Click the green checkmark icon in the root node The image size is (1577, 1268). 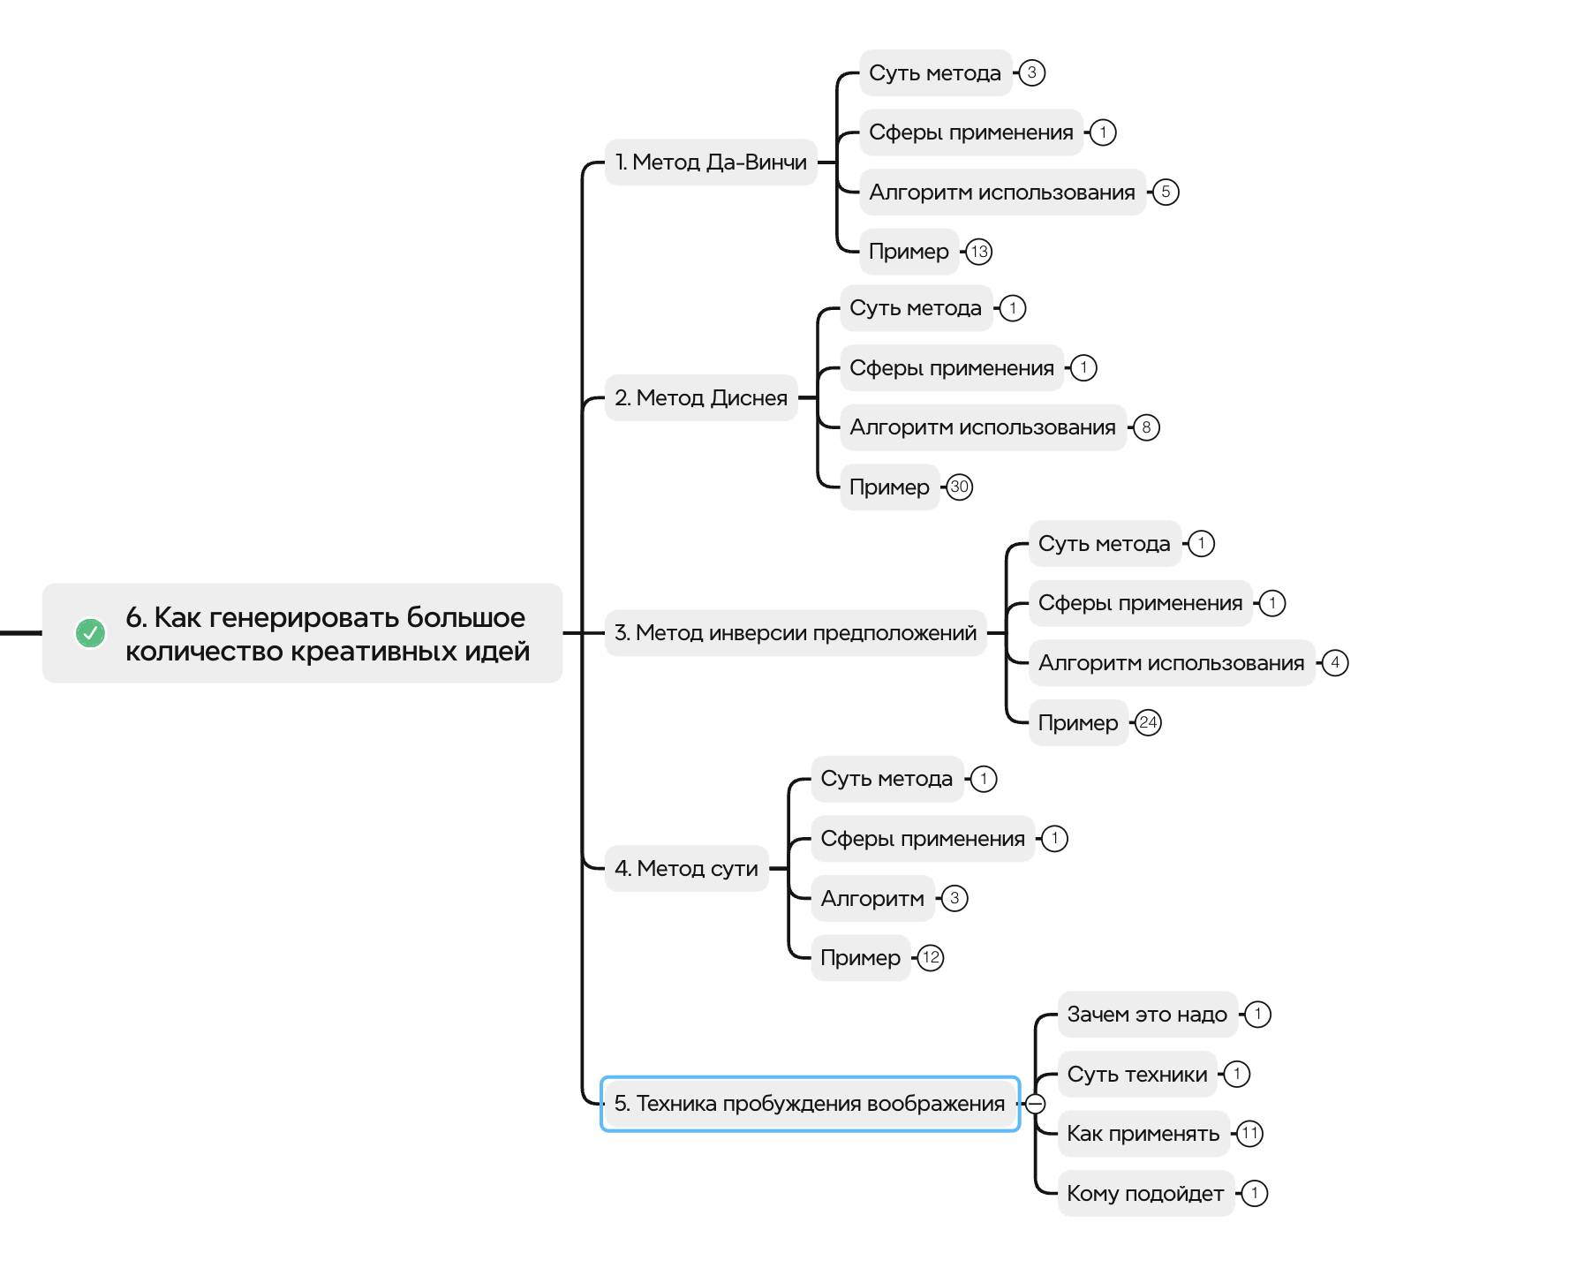click(x=90, y=632)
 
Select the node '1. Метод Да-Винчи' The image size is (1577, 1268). click(x=711, y=162)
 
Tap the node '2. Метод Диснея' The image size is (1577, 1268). click(x=701, y=398)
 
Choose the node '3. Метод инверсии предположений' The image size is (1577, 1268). click(x=796, y=633)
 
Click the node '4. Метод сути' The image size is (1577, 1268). click(x=686, y=869)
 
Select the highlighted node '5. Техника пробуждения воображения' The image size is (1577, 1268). click(x=810, y=1104)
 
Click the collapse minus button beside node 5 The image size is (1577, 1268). click(x=1036, y=1104)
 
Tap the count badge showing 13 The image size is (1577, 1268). click(x=979, y=252)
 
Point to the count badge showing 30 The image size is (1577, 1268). click(x=960, y=487)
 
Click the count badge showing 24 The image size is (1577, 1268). click(x=1148, y=723)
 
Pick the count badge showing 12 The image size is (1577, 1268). click(x=931, y=958)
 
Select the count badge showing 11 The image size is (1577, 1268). click(x=1250, y=1134)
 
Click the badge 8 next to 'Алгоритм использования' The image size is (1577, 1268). click(x=1146, y=428)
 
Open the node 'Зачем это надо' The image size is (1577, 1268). click(x=1147, y=1015)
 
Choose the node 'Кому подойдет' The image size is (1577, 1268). click(x=1145, y=1194)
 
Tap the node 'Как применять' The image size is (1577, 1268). click(x=1143, y=1134)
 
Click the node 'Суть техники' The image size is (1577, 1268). click(x=1137, y=1075)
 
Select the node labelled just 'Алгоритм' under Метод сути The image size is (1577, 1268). click(x=872, y=899)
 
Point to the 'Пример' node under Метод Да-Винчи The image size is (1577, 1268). click(x=909, y=252)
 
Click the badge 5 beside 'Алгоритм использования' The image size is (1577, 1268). click(x=1166, y=192)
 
